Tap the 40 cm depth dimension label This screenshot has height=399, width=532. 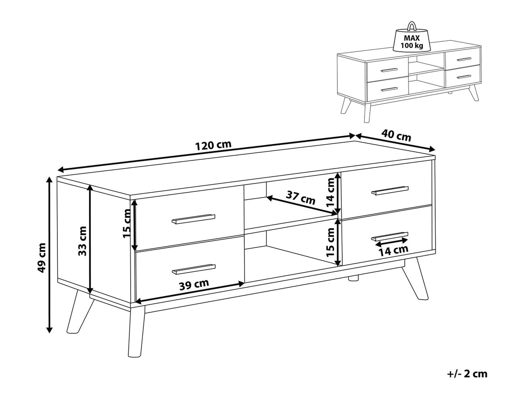(x=396, y=135)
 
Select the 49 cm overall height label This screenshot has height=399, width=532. (x=42, y=258)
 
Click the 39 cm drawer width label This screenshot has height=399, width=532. (x=194, y=284)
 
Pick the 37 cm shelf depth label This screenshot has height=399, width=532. (x=301, y=198)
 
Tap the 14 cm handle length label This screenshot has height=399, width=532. (x=393, y=250)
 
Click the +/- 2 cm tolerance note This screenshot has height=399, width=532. (x=467, y=374)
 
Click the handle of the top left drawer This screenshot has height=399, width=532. (x=193, y=219)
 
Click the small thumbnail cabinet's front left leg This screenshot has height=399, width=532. (x=367, y=112)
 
